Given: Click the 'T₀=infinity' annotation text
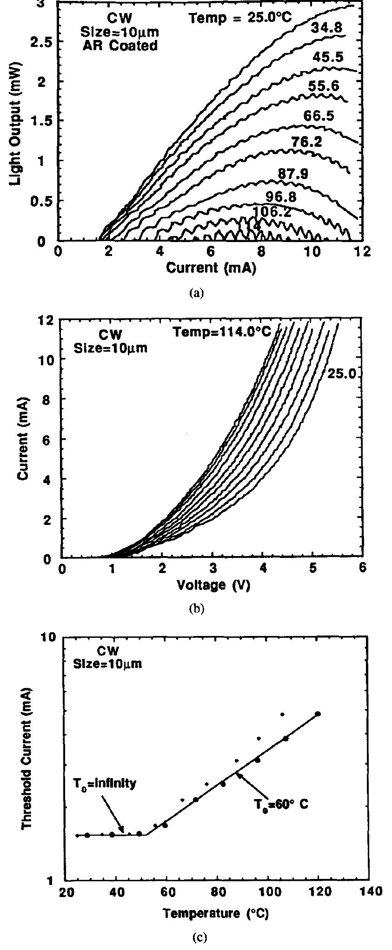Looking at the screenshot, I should [104, 784].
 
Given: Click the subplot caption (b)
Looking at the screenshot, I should [196, 609].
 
